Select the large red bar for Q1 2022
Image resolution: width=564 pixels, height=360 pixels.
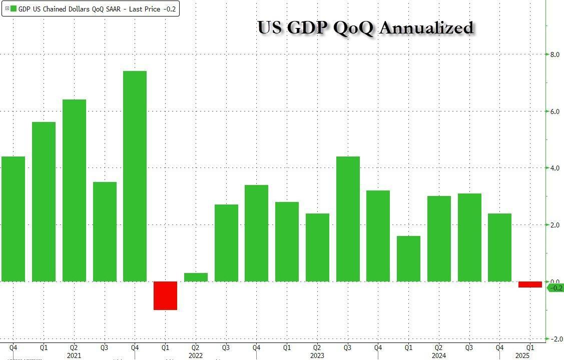click(165, 295)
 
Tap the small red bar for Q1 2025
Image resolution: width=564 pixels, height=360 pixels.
click(530, 284)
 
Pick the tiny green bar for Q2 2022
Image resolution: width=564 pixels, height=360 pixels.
click(196, 277)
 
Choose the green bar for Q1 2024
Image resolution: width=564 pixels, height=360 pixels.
click(408, 258)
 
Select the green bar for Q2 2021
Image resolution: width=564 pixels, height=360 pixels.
click(74, 190)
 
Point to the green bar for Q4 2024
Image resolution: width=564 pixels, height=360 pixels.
click(499, 247)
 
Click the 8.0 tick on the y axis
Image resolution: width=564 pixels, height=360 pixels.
click(554, 54)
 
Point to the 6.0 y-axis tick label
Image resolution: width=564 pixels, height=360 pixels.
click(554, 111)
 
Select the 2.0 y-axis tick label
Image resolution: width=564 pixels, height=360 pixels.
click(554, 225)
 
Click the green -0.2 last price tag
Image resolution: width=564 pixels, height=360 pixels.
click(555, 287)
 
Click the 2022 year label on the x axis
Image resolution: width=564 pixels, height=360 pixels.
click(196, 355)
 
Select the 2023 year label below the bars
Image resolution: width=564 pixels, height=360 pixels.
click(317, 355)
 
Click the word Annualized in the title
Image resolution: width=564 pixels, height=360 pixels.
click(426, 28)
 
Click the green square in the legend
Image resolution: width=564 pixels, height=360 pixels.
click(14, 8)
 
